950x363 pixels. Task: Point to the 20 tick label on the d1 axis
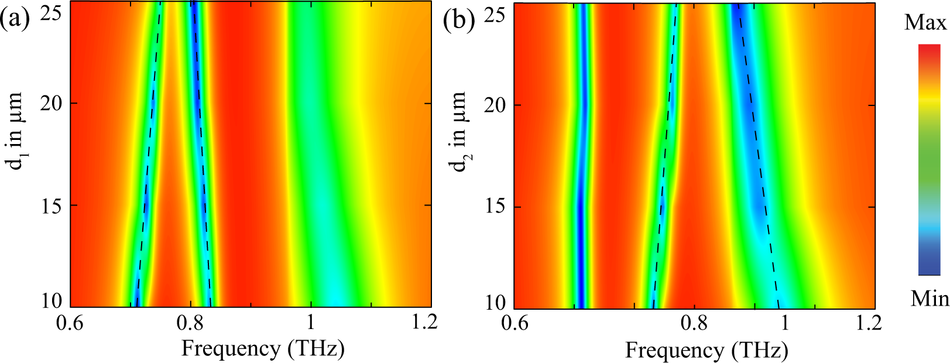point(52,104)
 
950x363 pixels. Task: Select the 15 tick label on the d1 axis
point(52,206)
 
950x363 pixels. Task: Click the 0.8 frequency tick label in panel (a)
point(190,323)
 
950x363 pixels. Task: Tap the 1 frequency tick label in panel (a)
point(311,323)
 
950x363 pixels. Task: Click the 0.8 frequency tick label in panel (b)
point(694,324)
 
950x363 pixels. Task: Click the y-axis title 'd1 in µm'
point(20,130)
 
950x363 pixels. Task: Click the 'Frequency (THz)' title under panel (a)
point(263,349)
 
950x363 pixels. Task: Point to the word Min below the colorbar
point(929,299)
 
